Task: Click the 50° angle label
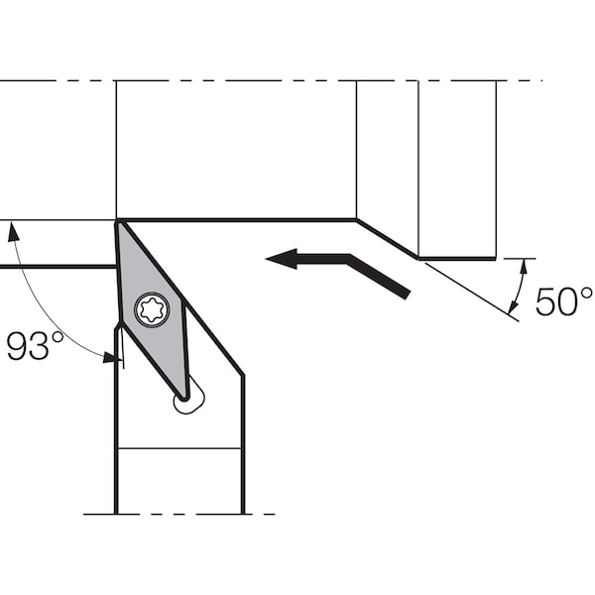[x=564, y=301]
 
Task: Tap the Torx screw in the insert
[x=152, y=309]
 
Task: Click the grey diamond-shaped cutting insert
[x=152, y=309]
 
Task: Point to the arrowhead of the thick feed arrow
[x=282, y=259]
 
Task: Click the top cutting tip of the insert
[x=118, y=223]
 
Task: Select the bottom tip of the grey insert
[x=183, y=398]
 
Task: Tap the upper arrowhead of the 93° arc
[x=13, y=231]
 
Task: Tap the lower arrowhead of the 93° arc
[x=112, y=357]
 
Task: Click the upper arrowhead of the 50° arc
[x=524, y=267]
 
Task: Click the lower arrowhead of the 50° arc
[x=513, y=307]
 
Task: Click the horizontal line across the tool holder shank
[x=179, y=448]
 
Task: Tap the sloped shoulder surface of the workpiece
[x=387, y=239]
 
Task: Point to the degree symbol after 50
[x=586, y=293]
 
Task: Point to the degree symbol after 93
[x=58, y=337]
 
